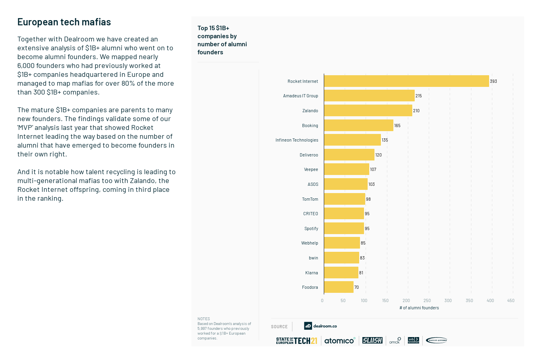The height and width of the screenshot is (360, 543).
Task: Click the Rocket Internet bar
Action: coord(406,81)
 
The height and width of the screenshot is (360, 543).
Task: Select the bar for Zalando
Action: coord(368,111)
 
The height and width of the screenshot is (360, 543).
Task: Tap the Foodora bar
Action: coord(339,287)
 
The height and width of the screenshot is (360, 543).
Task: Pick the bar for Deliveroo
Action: coord(349,155)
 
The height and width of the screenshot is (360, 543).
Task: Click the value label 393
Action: coord(494,81)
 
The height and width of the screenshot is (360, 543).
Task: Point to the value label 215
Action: coord(419,96)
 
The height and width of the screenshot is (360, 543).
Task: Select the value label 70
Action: coord(356,287)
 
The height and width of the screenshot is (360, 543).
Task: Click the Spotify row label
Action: coord(311,228)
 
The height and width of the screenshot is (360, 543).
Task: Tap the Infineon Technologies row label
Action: coord(297,140)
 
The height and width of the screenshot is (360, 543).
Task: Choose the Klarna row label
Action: coord(311,273)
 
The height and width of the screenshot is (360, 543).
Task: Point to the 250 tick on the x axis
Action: coord(427,300)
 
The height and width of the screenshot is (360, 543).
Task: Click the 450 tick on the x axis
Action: coord(511,300)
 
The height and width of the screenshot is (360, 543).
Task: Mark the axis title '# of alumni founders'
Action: coord(419,308)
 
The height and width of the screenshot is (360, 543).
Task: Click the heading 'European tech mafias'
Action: coord(64,22)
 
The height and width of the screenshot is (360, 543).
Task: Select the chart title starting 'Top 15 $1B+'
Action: coord(222,40)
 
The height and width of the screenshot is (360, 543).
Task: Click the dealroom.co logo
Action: coord(320,326)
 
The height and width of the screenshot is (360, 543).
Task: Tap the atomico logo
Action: coord(339,341)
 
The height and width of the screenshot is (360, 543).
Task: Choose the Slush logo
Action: coord(372,340)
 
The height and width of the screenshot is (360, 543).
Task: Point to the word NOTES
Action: coord(204,319)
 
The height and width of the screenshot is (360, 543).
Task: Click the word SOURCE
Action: coord(279,327)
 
